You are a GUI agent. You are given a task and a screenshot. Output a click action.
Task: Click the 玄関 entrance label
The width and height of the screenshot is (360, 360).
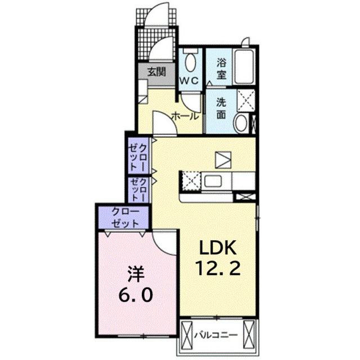click(x=156, y=72)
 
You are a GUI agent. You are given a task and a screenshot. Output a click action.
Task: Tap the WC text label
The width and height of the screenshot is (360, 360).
click(x=189, y=80)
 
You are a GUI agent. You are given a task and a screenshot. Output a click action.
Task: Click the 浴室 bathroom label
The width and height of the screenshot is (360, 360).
click(x=222, y=69)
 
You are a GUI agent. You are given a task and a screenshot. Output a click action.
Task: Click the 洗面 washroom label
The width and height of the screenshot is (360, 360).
click(x=221, y=109)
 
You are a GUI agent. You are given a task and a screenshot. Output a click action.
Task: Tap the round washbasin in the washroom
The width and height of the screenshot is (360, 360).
click(x=241, y=123)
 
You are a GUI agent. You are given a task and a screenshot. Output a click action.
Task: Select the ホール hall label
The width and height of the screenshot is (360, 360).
click(x=185, y=116)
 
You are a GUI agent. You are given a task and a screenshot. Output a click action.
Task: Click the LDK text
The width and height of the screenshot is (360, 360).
click(x=218, y=247)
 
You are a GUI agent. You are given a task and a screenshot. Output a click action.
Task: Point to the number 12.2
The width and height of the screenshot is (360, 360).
click(x=218, y=268)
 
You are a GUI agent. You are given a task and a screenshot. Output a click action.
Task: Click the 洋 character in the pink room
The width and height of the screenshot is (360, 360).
click(x=136, y=274)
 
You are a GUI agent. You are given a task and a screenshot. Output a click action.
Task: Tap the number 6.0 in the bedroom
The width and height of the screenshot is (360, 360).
click(x=136, y=294)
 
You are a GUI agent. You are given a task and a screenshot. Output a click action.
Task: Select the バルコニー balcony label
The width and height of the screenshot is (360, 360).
click(x=216, y=335)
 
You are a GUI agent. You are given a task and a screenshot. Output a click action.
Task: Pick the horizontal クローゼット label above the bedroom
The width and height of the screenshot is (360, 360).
click(x=124, y=217)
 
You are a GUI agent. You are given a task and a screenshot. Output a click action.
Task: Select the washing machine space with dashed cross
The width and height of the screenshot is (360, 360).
click(x=246, y=101)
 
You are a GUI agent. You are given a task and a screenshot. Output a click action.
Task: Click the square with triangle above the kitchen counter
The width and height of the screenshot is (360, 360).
click(x=223, y=160)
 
